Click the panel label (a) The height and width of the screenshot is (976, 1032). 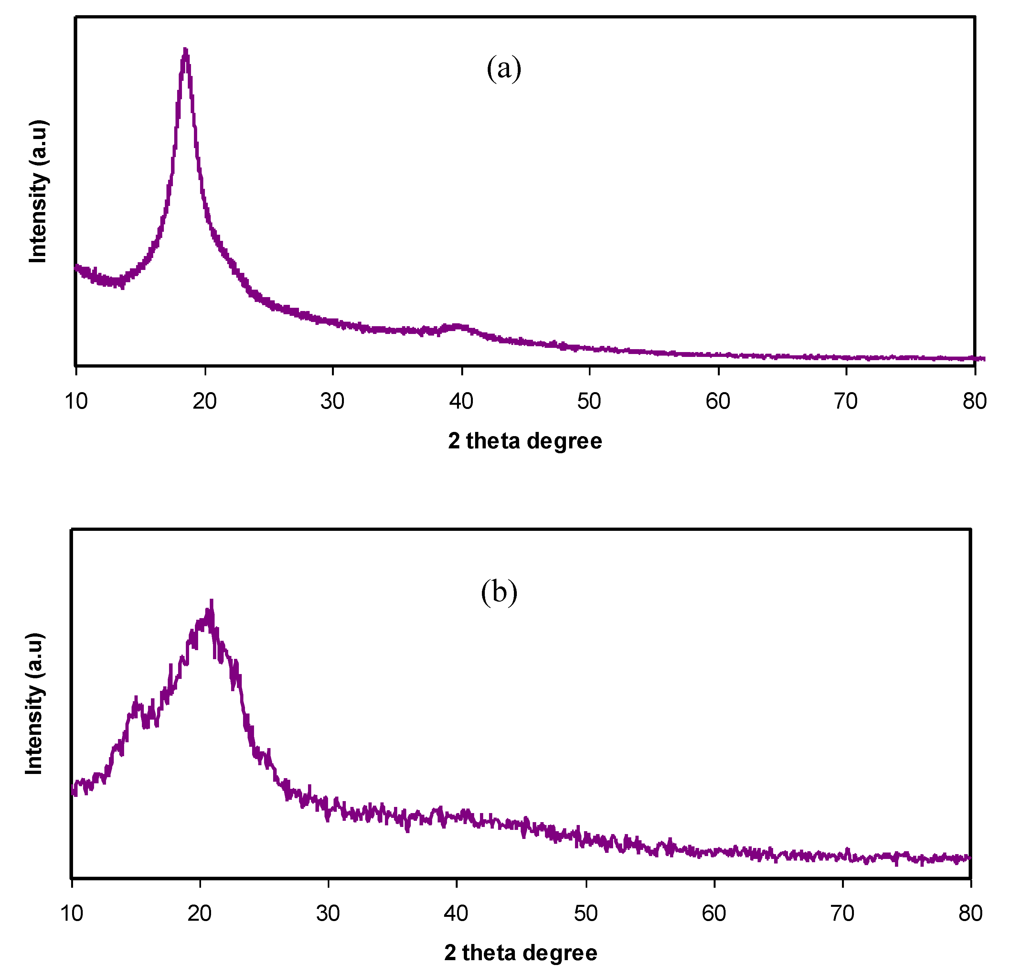point(504,68)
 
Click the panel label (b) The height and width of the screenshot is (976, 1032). point(499,592)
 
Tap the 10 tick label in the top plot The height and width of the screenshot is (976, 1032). point(76,401)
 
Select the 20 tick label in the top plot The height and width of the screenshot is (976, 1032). point(204,401)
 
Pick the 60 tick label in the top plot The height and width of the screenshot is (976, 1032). point(718,401)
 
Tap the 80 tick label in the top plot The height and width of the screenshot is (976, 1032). point(974,401)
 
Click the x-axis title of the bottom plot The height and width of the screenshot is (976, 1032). point(521,953)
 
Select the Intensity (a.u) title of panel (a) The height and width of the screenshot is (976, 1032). point(38,191)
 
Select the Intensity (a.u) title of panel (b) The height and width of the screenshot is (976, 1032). point(34,703)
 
